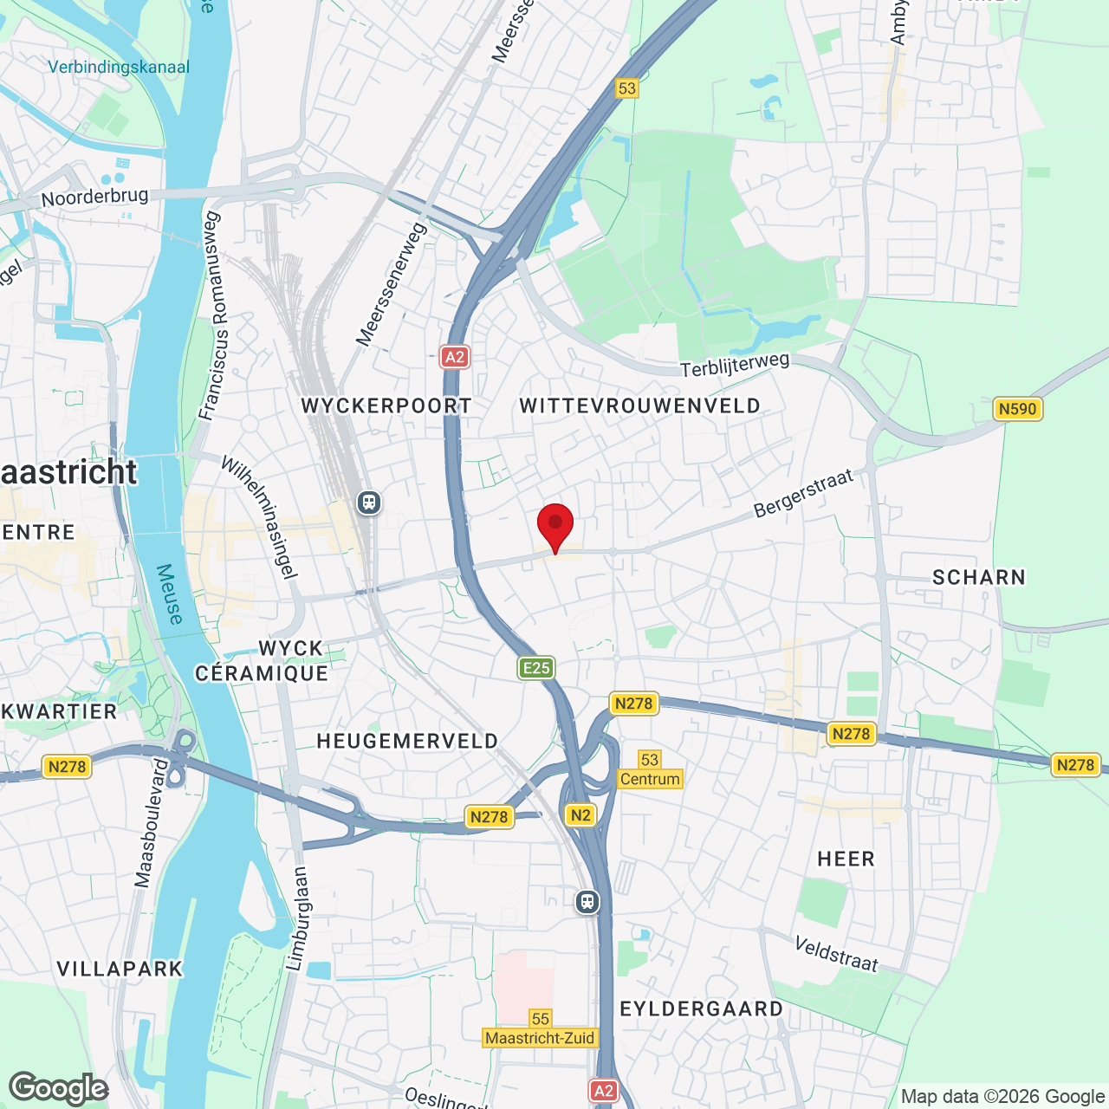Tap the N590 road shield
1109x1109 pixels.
pyautogui.click(x=1017, y=409)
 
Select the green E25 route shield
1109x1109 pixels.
pyautogui.click(x=536, y=668)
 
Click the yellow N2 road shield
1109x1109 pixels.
pyautogui.click(x=580, y=815)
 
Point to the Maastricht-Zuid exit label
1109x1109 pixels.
pyautogui.click(x=540, y=1038)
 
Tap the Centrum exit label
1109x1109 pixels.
pyautogui.click(x=650, y=779)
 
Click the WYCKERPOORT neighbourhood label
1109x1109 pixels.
pyautogui.click(x=386, y=405)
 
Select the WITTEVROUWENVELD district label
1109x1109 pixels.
pyautogui.click(x=639, y=405)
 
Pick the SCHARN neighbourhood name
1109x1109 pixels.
pyautogui.click(x=978, y=578)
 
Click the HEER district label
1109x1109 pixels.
pyautogui.click(x=846, y=859)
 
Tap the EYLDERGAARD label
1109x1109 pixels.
pyautogui.click(x=702, y=1009)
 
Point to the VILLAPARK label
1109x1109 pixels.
pyautogui.click(x=120, y=970)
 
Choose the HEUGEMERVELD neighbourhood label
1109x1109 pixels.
pyautogui.click(x=407, y=742)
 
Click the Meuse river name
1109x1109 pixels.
pyautogui.click(x=170, y=594)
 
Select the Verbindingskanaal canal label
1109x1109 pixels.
pyautogui.click(x=119, y=68)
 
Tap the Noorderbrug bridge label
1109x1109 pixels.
pyautogui.click(x=95, y=198)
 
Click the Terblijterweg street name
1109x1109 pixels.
pyautogui.click(x=735, y=366)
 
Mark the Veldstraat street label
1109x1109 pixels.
pyautogui.click(x=836, y=954)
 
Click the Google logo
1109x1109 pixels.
pyautogui.click(x=59, y=1088)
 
